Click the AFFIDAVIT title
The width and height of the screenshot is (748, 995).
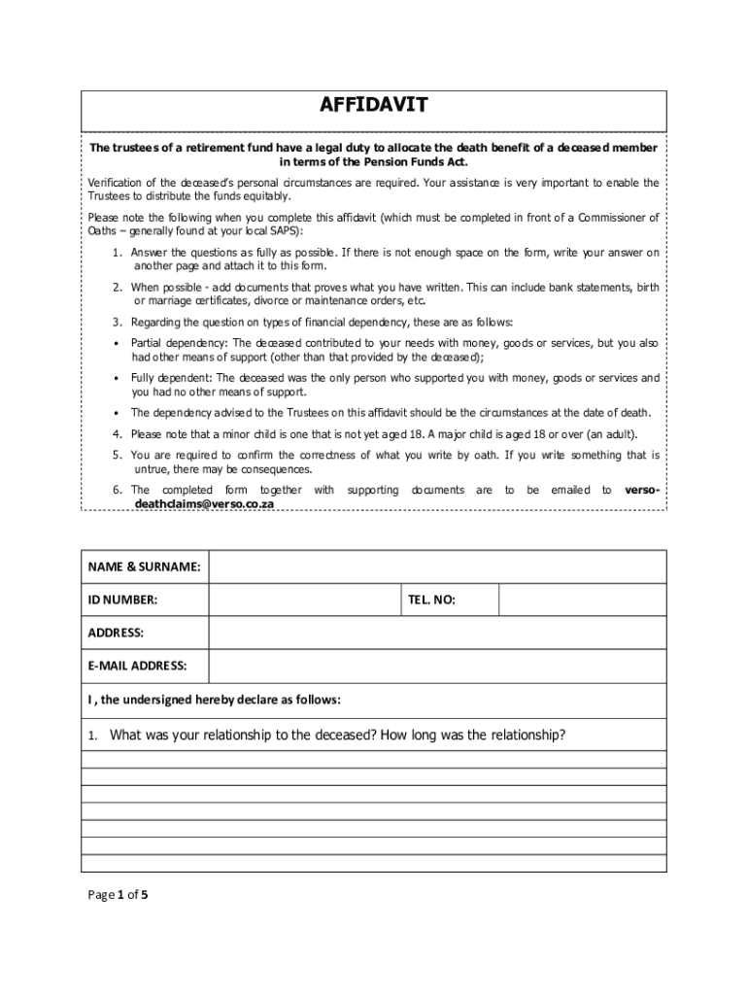(374, 105)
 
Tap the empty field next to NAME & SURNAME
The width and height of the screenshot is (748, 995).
(437, 566)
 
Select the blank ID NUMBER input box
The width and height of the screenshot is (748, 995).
(303, 600)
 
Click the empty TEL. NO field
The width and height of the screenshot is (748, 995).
(582, 600)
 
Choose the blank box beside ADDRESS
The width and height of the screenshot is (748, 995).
(437, 633)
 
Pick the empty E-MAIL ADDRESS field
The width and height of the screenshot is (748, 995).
(437, 666)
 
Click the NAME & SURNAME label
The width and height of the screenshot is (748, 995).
(145, 566)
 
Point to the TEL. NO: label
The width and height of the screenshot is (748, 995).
(431, 600)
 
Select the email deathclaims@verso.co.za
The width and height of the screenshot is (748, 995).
(204, 505)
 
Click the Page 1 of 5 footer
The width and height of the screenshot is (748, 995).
(116, 896)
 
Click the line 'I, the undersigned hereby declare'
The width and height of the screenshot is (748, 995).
(215, 700)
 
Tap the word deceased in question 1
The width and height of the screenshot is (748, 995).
(346, 735)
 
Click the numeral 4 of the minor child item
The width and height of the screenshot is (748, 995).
(116, 433)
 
